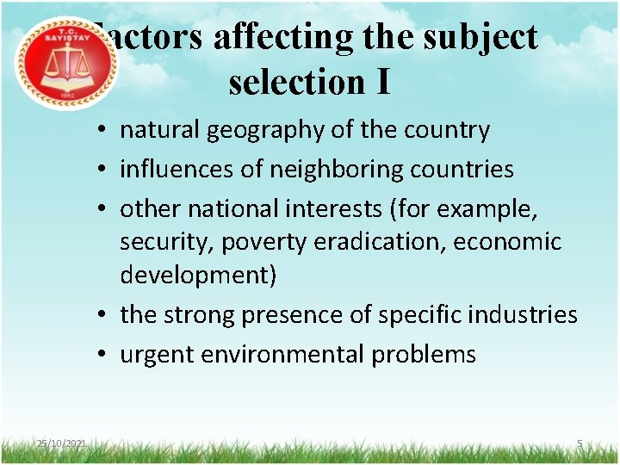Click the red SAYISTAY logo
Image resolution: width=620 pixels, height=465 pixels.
click(67, 63)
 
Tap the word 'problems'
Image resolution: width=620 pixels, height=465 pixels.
click(427, 354)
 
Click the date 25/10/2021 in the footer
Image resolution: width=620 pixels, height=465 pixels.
click(61, 443)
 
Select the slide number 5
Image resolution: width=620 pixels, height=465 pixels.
click(580, 443)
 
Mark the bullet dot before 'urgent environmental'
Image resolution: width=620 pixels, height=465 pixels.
click(102, 355)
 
